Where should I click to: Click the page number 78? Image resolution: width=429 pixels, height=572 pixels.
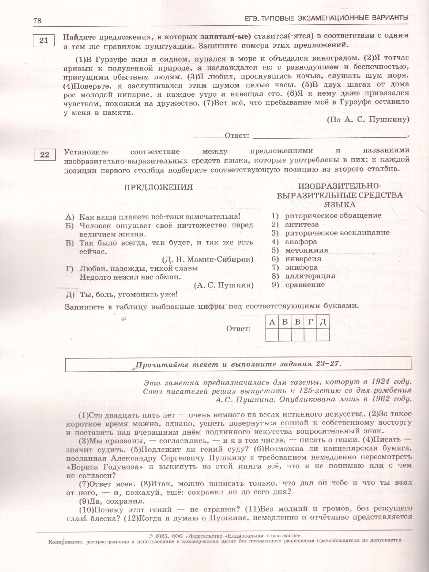pyautogui.click(x=38, y=20)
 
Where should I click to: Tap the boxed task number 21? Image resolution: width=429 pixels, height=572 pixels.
pyautogui.click(x=44, y=41)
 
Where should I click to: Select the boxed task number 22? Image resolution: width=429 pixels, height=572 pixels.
pyautogui.click(x=44, y=154)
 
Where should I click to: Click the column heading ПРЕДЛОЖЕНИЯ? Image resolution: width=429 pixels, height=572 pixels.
pyautogui.click(x=158, y=187)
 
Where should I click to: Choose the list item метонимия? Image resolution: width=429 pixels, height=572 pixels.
pyautogui.click(x=306, y=250)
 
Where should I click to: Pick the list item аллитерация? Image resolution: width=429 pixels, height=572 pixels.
pyautogui.click(x=310, y=276)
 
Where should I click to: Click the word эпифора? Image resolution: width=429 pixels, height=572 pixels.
pyautogui.click(x=301, y=267)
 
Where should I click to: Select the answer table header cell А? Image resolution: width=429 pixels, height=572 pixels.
pyautogui.click(x=272, y=322)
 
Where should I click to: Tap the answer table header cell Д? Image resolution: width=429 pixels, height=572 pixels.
pyautogui.click(x=323, y=322)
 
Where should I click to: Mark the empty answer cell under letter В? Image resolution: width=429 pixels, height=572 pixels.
pyautogui.click(x=297, y=335)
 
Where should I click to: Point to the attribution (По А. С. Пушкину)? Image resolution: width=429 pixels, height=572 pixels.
pyautogui.click(x=368, y=120)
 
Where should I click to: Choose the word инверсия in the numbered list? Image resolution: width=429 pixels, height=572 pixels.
pyautogui.click(x=303, y=259)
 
